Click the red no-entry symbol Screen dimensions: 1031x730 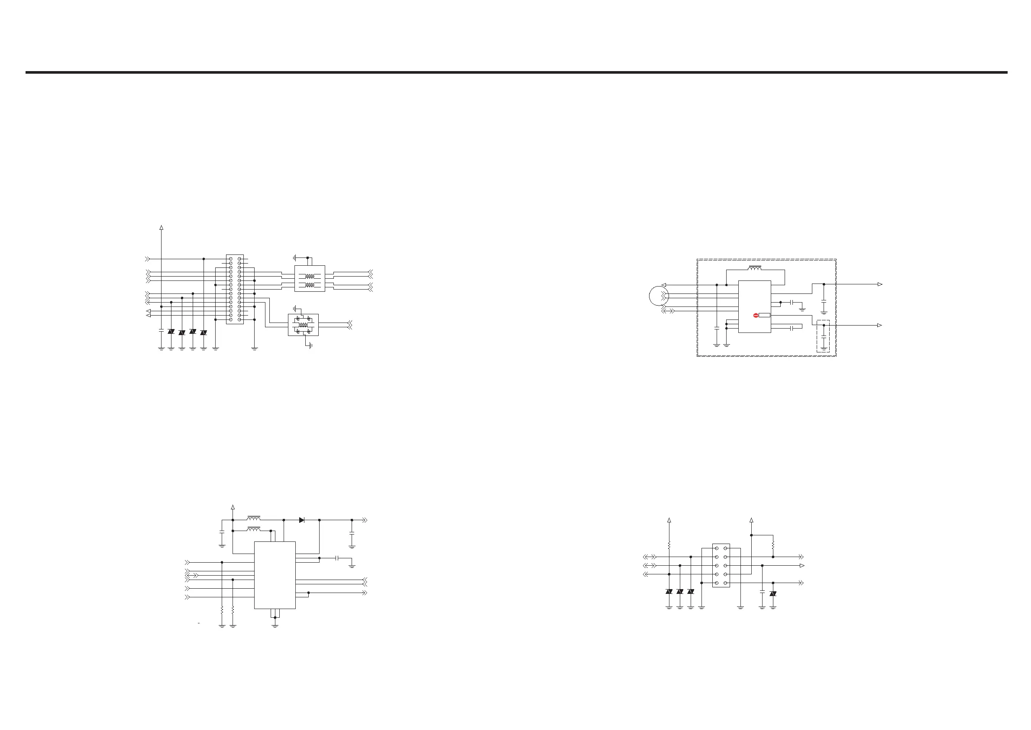click(x=755, y=316)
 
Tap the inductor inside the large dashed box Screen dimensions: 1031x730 click(x=754, y=269)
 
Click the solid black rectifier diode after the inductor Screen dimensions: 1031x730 click(x=302, y=520)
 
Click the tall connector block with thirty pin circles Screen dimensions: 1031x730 click(x=235, y=289)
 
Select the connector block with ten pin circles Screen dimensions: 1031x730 click(x=721, y=565)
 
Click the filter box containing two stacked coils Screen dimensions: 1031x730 click(x=310, y=279)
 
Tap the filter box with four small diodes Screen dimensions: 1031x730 click(x=303, y=325)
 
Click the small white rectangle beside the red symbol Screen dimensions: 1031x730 click(x=764, y=316)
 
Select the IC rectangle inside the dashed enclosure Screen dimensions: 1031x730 click(x=754, y=307)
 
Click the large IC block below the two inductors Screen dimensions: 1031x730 click(x=275, y=575)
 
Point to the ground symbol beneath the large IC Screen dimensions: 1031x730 click(x=275, y=625)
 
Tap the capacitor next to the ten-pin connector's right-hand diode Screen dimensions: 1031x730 click(x=762, y=593)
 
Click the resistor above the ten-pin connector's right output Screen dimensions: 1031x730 click(x=773, y=546)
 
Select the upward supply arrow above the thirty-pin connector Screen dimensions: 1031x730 click(x=161, y=228)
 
